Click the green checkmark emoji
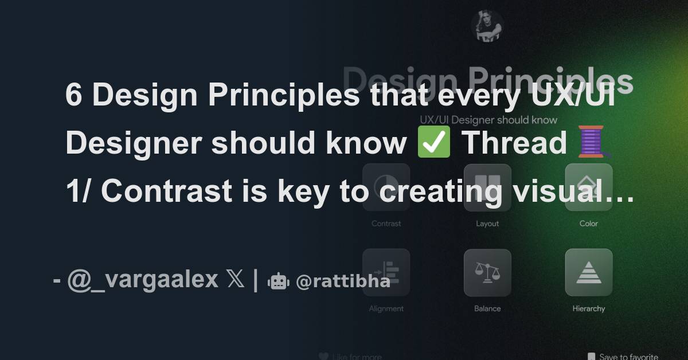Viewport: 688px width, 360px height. pyautogui.click(x=434, y=143)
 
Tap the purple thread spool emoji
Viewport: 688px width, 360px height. pyautogui.click(x=591, y=143)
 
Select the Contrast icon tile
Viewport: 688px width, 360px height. pyautogui.click(x=386, y=187)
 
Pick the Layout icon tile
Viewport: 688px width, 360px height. pyautogui.click(x=487, y=187)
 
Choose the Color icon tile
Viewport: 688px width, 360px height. pyautogui.click(x=588, y=187)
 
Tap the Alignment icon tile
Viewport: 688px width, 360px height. pyautogui.click(x=386, y=272)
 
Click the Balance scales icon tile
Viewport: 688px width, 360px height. pyautogui.click(x=487, y=272)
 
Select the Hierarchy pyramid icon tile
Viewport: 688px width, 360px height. pyautogui.click(x=588, y=272)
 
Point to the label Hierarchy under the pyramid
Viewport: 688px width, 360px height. pyautogui.click(x=588, y=308)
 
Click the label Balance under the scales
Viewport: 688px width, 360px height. pyautogui.click(x=487, y=308)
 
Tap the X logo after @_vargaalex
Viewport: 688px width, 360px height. pyautogui.click(x=235, y=280)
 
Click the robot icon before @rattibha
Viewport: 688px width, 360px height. pyautogui.click(x=278, y=281)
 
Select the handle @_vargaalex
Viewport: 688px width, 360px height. pyautogui.click(x=143, y=280)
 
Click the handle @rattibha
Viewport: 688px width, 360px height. pyautogui.click(x=343, y=281)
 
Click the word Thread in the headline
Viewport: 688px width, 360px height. pyautogui.click(x=514, y=143)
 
